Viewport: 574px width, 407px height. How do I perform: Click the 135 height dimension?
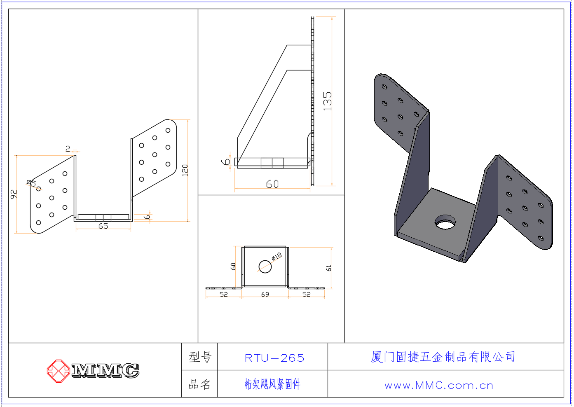click(327, 101)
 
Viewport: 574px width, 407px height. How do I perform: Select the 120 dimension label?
click(185, 170)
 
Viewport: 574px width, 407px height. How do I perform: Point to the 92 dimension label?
click(14, 194)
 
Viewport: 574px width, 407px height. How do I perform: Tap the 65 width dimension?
click(103, 226)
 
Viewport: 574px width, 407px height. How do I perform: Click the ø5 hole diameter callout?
click(31, 183)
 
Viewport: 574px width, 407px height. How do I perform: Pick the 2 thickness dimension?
click(68, 149)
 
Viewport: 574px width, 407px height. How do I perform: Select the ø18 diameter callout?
click(276, 256)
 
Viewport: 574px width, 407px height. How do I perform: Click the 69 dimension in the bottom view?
click(265, 294)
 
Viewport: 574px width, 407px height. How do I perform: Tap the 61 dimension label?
click(328, 268)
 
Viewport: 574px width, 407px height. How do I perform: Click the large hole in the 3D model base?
click(445, 222)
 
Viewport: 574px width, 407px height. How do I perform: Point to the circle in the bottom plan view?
click(265, 267)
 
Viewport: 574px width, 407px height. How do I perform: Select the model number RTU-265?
click(274, 358)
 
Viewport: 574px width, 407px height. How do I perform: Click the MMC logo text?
click(105, 370)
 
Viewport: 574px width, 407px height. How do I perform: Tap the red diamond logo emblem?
click(59, 371)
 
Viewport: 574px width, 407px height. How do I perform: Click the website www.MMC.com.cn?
click(439, 385)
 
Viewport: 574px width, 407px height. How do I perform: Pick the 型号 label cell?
click(200, 357)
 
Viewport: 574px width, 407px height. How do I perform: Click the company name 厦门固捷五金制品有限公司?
click(443, 357)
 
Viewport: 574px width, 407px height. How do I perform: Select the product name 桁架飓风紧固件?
click(272, 384)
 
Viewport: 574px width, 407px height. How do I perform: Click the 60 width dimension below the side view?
click(272, 184)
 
